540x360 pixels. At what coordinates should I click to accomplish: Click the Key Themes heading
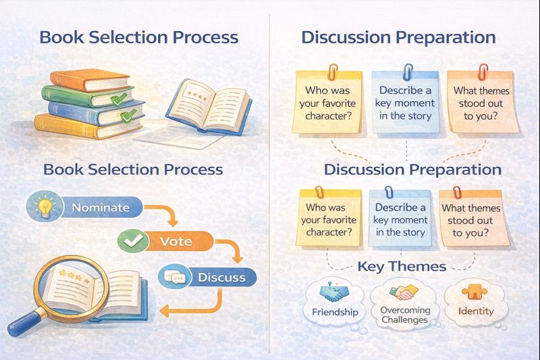402,266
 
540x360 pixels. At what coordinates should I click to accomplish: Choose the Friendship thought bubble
335,302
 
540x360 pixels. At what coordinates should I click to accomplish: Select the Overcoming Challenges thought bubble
405,303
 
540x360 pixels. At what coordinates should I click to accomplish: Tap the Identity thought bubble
476,302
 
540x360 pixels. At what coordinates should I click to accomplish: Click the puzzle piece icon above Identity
475,292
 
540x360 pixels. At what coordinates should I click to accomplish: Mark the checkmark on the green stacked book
118,99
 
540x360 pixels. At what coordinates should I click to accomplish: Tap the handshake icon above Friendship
333,292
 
